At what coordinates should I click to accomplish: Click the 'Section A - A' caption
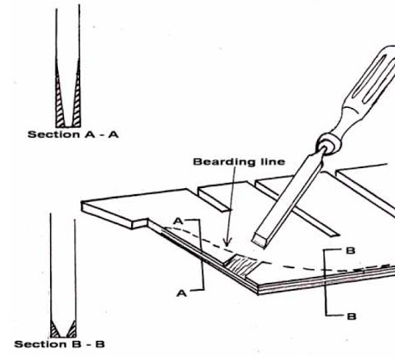click(73, 134)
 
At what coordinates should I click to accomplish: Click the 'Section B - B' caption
click(59, 344)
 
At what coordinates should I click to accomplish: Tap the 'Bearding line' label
click(239, 162)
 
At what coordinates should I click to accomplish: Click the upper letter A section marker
click(178, 221)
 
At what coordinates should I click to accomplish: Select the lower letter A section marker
click(181, 293)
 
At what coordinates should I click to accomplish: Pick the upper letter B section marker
click(351, 251)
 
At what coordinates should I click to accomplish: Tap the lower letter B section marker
click(352, 316)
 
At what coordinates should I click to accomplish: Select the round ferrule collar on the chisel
click(329, 144)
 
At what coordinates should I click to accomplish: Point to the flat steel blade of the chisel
click(288, 198)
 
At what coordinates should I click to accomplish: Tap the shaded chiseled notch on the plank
click(241, 264)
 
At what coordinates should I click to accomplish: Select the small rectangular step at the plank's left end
click(140, 224)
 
